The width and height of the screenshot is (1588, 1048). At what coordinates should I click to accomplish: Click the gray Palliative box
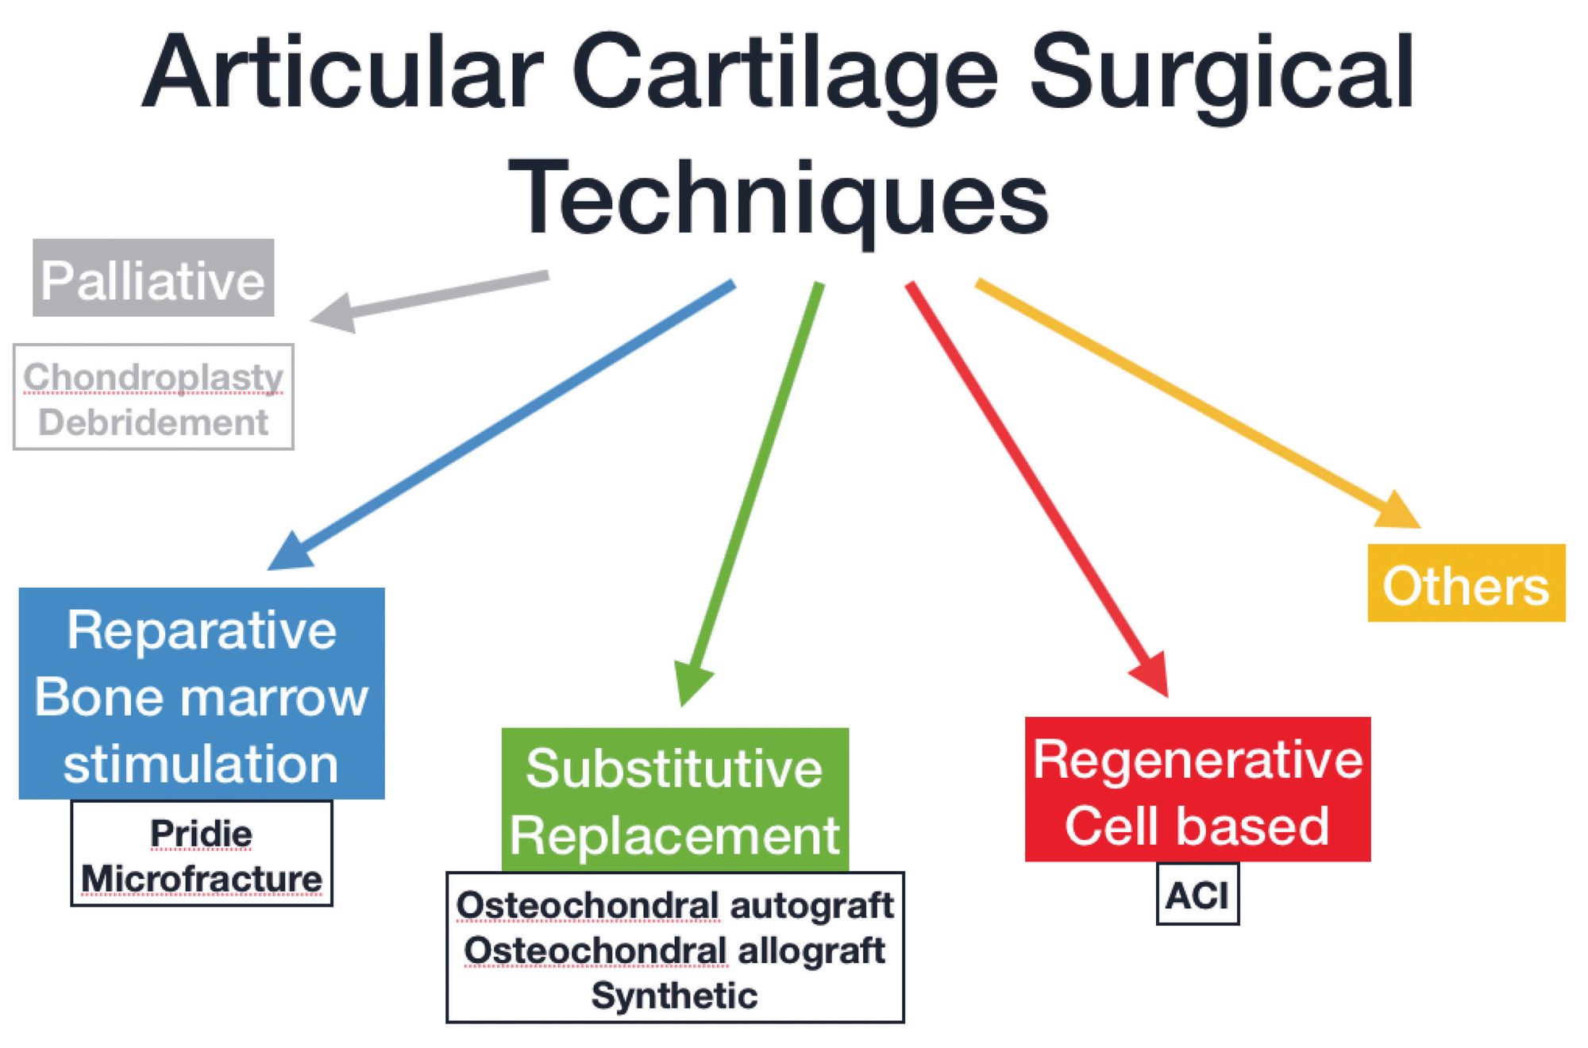pyautogui.click(x=153, y=278)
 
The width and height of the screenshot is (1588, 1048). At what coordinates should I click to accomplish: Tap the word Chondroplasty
pyautogui.click(x=153, y=377)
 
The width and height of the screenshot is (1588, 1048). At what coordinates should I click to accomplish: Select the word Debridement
pyautogui.click(x=153, y=422)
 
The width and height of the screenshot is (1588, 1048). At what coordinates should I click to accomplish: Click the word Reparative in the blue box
pyautogui.click(x=202, y=630)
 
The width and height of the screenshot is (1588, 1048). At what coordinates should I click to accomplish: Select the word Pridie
pyautogui.click(x=202, y=834)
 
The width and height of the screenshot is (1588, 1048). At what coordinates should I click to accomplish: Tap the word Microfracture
pyautogui.click(x=202, y=880)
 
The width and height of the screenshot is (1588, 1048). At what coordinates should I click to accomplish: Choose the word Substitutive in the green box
pyautogui.click(x=674, y=769)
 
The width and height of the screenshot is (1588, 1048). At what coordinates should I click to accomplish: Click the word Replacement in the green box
pyautogui.click(x=674, y=835)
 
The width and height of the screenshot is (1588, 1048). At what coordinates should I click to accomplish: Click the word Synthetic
pyautogui.click(x=674, y=996)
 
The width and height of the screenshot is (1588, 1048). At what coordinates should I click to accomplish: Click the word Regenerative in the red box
pyautogui.click(x=1197, y=760)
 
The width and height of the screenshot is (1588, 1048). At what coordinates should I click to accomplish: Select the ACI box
pyautogui.click(x=1197, y=896)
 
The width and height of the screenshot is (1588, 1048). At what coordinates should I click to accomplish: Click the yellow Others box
pyautogui.click(x=1466, y=584)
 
